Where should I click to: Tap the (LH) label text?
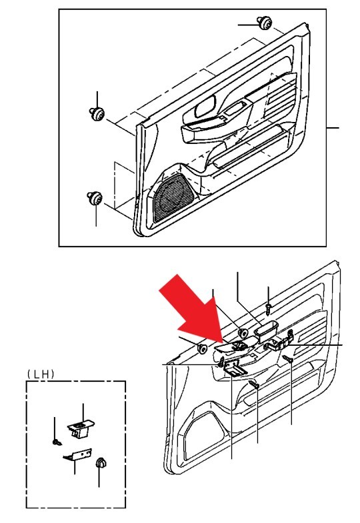(41, 374)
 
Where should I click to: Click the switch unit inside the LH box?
(81, 428)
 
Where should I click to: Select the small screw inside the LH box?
(57, 442)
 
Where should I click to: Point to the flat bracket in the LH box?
(77, 454)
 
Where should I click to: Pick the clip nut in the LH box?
(101, 463)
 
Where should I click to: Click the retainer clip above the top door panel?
(265, 23)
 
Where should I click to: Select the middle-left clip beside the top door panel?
(97, 114)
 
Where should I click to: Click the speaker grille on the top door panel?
(173, 198)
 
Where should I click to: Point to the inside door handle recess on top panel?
(205, 107)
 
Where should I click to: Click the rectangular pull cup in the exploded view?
(266, 331)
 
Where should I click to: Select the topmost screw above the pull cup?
(269, 308)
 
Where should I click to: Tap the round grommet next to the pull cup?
(243, 333)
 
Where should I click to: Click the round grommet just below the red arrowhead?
(203, 348)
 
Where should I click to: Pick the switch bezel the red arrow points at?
(235, 346)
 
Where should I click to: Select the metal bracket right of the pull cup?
(279, 342)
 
